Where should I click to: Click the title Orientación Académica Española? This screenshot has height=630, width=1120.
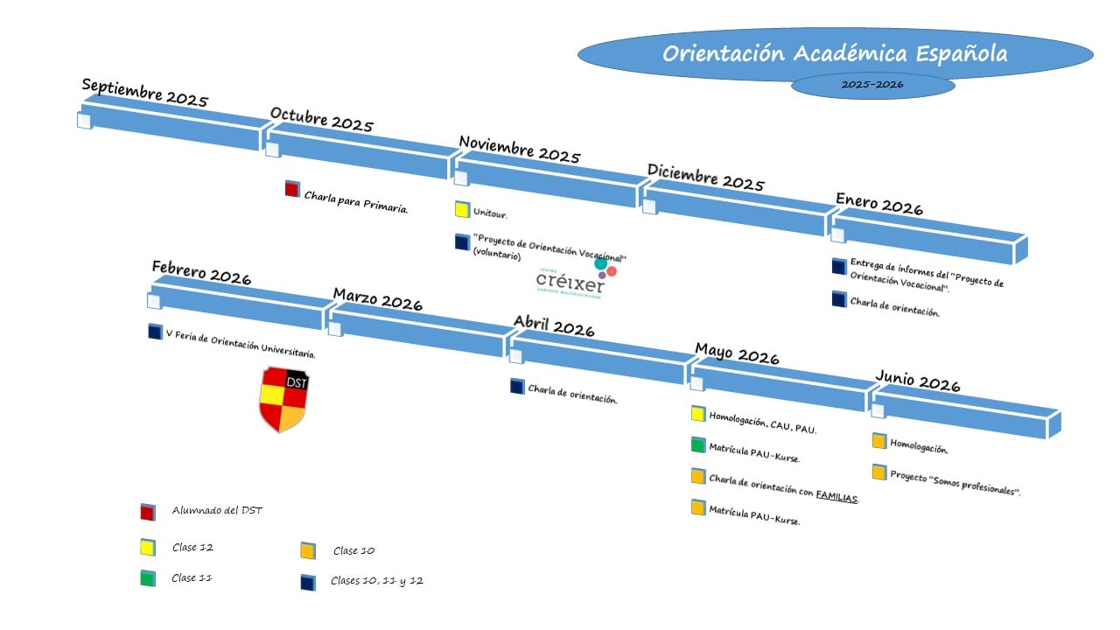(834, 54)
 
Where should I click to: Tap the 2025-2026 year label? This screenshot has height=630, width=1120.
(872, 85)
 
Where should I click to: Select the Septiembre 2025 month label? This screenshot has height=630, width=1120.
(144, 92)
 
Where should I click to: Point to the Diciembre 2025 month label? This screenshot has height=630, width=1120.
(705, 177)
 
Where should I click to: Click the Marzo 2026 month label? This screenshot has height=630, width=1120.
(377, 298)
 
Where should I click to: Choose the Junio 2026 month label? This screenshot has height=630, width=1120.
(917, 381)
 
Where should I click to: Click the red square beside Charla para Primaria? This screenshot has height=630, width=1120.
(292, 189)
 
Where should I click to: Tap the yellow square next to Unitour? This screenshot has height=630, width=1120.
(462, 210)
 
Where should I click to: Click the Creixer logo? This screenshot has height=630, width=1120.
(575, 276)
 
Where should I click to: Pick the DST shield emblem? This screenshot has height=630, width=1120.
(283, 399)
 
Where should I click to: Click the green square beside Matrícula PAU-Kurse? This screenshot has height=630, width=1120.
(697, 444)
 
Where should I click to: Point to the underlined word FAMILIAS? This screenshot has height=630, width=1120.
(836, 496)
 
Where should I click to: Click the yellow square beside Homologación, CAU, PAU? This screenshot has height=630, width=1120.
(697, 414)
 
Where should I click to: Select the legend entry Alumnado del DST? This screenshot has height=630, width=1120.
(217, 511)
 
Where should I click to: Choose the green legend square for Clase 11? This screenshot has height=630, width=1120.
(148, 578)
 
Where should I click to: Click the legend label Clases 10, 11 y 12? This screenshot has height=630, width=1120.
(376, 581)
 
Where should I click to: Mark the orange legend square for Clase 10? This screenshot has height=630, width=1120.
(307, 550)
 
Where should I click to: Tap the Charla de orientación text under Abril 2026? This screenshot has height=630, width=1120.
(572, 394)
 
